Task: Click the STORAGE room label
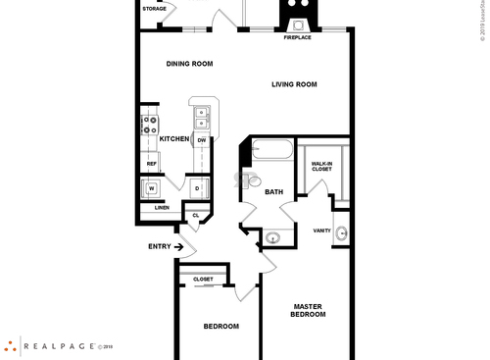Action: tap(154, 9)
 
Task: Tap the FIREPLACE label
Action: tap(297, 37)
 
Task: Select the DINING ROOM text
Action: tap(189, 64)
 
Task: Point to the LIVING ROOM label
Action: tap(294, 84)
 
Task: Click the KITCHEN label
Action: tap(173, 139)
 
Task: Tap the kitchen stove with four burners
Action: tap(151, 124)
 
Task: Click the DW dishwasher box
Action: tap(201, 140)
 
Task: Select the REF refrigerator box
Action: tap(152, 164)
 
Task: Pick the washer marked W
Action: tap(152, 187)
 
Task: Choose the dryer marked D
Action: tap(197, 187)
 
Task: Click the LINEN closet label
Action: tap(162, 207)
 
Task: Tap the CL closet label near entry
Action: tap(196, 215)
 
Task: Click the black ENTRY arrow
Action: tap(178, 247)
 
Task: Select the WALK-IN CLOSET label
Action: tap(321, 166)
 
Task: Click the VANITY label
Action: tap(321, 231)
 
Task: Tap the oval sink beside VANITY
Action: tap(342, 233)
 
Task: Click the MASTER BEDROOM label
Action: tap(309, 312)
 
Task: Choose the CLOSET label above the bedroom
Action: tap(203, 280)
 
